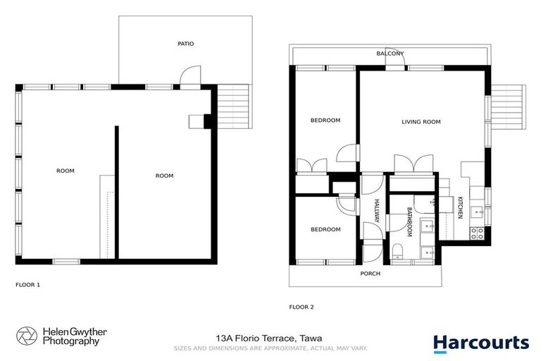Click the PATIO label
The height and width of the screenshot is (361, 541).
coord(185,44)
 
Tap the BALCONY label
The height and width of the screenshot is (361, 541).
coord(390,54)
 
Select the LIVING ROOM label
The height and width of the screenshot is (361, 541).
coord(421,122)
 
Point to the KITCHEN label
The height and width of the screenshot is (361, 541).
coord(460,207)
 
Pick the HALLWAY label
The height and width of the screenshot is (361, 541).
coord(377,212)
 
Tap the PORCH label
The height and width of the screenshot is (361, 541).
coord(370,274)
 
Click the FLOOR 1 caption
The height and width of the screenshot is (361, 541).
coord(27,285)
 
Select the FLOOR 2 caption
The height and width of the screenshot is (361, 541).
coord(301,307)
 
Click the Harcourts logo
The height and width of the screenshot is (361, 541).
coord(480,343)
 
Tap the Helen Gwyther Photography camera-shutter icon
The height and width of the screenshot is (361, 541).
coord(27,336)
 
